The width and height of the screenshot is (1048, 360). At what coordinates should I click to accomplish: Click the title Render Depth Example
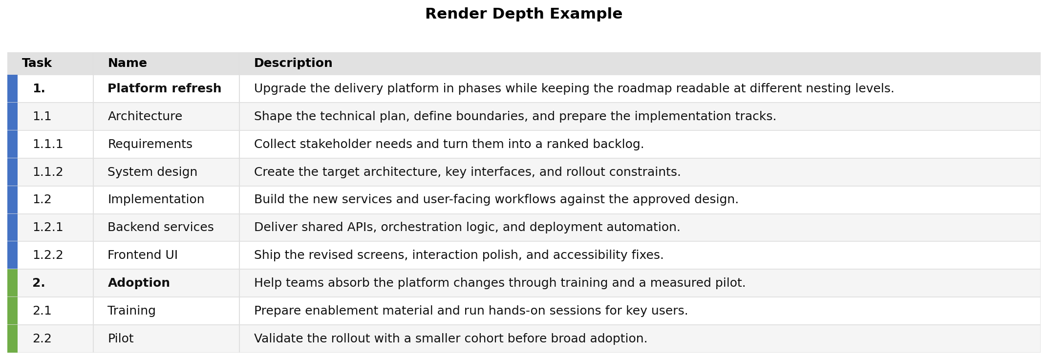(x=523, y=14)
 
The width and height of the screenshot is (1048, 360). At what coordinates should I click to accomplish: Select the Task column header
(x=37, y=64)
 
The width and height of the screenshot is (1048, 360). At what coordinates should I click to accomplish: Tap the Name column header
(x=127, y=64)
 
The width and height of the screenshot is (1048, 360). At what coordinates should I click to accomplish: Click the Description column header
(x=293, y=64)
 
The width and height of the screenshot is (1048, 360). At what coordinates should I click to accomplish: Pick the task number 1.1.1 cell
(x=48, y=145)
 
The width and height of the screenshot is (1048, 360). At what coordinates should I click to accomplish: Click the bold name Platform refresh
(x=164, y=89)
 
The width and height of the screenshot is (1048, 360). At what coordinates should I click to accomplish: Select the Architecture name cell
(x=145, y=117)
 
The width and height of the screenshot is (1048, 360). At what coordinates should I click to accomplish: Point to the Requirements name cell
(x=150, y=145)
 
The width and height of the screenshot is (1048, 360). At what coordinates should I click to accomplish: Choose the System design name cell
(x=152, y=172)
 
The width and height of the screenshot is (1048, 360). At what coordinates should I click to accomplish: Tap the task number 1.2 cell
(x=42, y=200)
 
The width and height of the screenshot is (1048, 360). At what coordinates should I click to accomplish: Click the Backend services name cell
(x=160, y=228)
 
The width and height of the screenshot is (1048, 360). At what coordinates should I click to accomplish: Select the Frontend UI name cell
(x=142, y=255)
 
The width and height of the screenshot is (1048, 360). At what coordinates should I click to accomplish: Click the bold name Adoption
(x=139, y=283)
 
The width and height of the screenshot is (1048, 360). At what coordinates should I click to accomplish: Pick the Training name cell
(x=131, y=311)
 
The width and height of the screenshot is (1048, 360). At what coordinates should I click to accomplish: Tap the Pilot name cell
(x=120, y=339)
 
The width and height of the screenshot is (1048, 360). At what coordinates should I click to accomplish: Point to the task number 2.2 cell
(x=42, y=339)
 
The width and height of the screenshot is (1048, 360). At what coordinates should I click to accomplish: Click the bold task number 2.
(x=39, y=283)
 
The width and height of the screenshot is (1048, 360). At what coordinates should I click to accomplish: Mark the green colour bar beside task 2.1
(x=12, y=311)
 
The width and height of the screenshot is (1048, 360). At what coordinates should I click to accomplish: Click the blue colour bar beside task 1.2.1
(x=12, y=228)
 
